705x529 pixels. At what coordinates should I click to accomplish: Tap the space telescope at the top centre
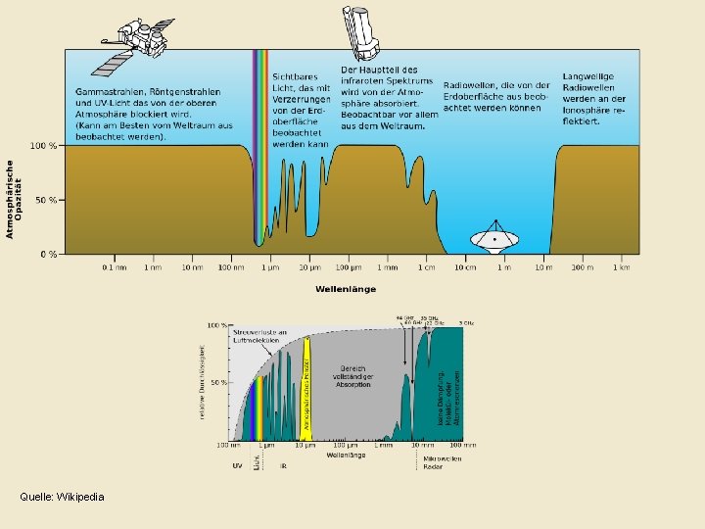(x=359, y=28)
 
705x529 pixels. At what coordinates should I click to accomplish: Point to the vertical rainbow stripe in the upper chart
(x=260, y=147)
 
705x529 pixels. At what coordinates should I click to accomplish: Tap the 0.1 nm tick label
(x=115, y=266)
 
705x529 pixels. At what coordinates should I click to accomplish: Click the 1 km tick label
(x=621, y=266)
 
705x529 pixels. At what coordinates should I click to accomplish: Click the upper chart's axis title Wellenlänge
(x=345, y=289)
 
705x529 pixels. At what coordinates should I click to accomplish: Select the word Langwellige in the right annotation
(x=588, y=75)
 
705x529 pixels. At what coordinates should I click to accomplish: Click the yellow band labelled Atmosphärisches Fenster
(x=305, y=388)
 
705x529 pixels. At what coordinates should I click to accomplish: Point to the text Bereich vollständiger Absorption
(x=352, y=377)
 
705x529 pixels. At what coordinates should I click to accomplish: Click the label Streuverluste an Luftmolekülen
(x=259, y=337)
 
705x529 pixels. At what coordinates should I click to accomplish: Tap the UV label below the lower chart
(x=237, y=465)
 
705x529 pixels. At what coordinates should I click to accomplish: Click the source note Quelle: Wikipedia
(x=62, y=497)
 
